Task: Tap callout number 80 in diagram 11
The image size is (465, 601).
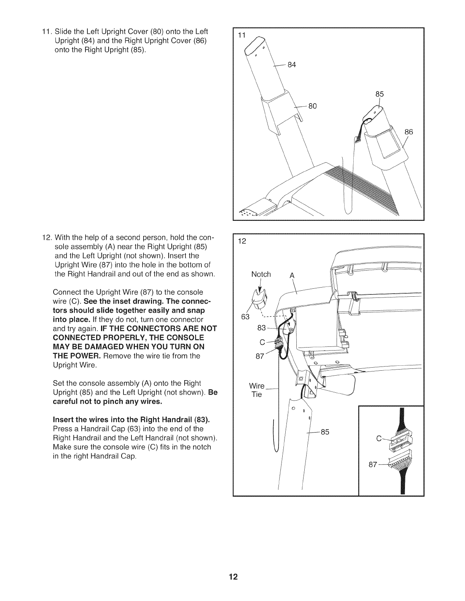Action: (x=312, y=106)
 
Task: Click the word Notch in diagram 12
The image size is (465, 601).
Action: (x=261, y=274)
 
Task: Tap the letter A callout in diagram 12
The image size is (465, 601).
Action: (x=292, y=276)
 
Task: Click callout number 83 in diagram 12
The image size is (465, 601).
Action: (x=262, y=328)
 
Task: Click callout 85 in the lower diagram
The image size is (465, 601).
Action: (x=325, y=431)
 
